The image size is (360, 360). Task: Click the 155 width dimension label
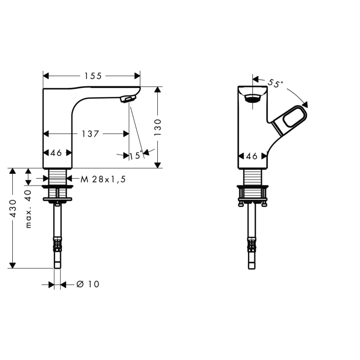click(93, 76)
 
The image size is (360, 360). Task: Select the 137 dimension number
click(90, 134)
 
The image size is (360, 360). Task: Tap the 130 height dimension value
click(158, 127)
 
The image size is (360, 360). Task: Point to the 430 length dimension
click(13, 209)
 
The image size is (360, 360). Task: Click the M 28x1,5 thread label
click(103, 179)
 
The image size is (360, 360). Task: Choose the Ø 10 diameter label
click(87, 284)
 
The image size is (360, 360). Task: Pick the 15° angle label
click(135, 155)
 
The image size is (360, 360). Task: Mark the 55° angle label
click(275, 83)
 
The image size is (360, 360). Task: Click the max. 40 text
click(28, 209)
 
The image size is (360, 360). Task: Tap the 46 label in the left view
click(56, 153)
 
